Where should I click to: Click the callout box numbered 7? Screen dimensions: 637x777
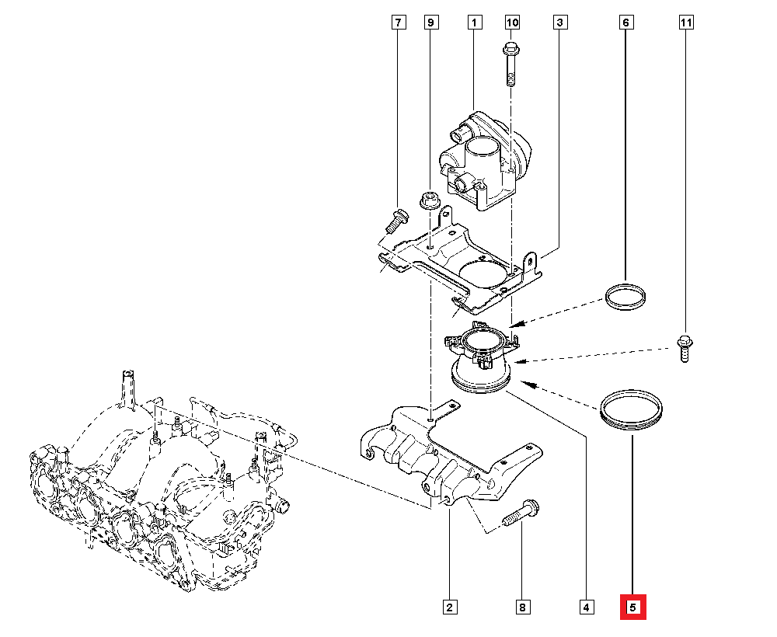[397, 23]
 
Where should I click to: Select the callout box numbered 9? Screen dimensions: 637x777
[430, 23]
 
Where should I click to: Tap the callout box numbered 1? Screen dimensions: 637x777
[473, 23]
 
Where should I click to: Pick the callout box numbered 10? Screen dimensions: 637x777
[512, 23]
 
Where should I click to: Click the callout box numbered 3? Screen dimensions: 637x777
[559, 23]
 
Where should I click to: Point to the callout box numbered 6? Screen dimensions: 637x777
[625, 23]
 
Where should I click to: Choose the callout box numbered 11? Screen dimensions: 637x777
[685, 23]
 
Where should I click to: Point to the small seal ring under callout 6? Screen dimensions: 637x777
[626, 298]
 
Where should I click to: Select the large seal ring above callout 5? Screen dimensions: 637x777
[632, 410]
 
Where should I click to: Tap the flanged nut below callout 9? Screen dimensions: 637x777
[427, 201]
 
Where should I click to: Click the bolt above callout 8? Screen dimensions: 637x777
[520, 512]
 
